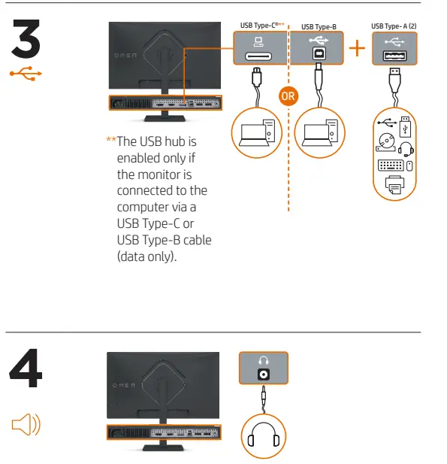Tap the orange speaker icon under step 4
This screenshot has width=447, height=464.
coord(26,427)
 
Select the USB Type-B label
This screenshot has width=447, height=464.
coord(319,26)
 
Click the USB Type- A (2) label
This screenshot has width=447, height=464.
coord(394,26)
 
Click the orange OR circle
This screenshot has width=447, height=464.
coord(288,96)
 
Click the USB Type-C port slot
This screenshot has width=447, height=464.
coord(258,56)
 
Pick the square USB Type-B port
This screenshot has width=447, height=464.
coord(319,56)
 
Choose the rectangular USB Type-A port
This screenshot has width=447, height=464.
coord(395,57)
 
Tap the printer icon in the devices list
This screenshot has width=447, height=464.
coord(394,185)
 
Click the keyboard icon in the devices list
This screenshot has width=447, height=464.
coord(390,165)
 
